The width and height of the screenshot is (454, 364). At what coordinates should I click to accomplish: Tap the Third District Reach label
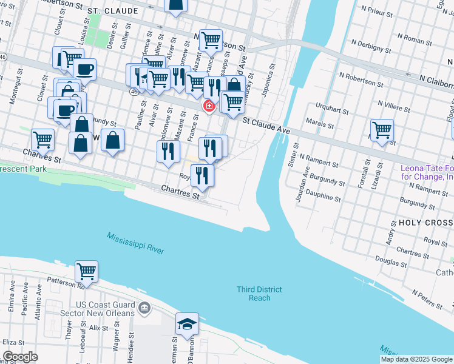[260, 294]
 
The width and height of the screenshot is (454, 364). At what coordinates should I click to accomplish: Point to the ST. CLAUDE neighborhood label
[109, 11]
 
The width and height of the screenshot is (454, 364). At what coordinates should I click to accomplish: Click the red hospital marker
[209, 106]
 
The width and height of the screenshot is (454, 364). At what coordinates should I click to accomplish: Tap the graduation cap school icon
[187, 325]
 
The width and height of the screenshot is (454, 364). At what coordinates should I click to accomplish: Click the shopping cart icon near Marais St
[382, 129]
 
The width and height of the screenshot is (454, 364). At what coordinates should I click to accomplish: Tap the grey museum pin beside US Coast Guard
[144, 308]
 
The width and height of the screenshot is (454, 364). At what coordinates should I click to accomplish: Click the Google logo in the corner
[20, 357]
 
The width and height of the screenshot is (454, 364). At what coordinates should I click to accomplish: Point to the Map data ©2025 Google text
[416, 359]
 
